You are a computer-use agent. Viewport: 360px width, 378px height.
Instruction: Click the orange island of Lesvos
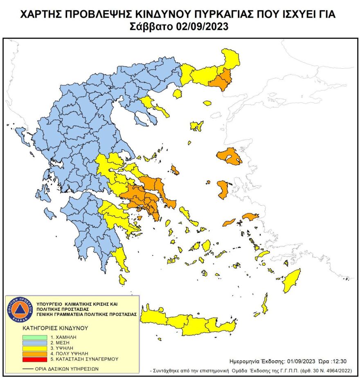coord(229,157)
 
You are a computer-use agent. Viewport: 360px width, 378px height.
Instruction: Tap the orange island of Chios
coord(223,189)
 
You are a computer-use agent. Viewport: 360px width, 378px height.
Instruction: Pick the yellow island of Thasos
coord(178,94)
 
